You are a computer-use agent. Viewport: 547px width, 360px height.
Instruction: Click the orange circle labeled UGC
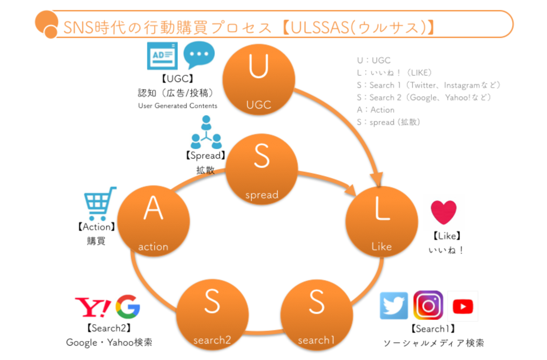[259, 80]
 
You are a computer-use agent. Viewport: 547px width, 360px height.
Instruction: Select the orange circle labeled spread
[261, 169]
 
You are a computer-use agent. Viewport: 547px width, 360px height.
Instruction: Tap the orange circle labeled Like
[382, 222]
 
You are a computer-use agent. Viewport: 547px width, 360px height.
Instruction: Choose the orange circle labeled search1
[316, 315]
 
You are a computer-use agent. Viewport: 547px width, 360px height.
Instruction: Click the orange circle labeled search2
[212, 315]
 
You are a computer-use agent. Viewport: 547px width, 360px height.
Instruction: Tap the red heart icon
[443, 212]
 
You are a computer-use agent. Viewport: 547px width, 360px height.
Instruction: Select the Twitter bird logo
[394, 305]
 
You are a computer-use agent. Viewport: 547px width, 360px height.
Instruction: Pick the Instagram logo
[428, 305]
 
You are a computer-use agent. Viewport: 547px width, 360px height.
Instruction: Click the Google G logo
[128, 306]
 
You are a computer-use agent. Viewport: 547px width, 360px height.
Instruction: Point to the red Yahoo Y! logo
[93, 307]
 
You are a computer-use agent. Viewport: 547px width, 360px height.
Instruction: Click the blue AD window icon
[162, 56]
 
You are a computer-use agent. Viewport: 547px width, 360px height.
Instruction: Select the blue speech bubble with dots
[199, 55]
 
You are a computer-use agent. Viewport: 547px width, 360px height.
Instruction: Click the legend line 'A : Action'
[375, 110]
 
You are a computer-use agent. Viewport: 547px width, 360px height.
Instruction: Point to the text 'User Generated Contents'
[177, 106]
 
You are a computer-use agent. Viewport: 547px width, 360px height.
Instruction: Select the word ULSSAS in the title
[320, 28]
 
